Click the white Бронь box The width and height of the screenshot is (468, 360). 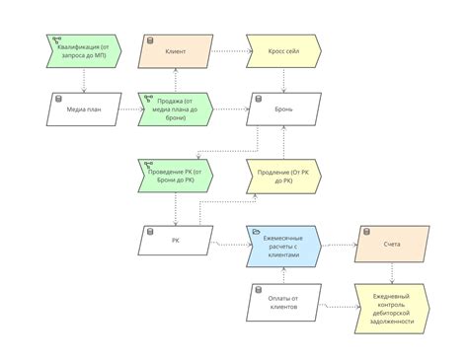click(283, 109)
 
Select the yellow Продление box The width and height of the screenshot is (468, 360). click(283, 177)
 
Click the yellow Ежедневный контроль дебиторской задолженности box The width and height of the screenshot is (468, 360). click(392, 308)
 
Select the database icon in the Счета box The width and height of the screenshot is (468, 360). click(363, 231)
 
